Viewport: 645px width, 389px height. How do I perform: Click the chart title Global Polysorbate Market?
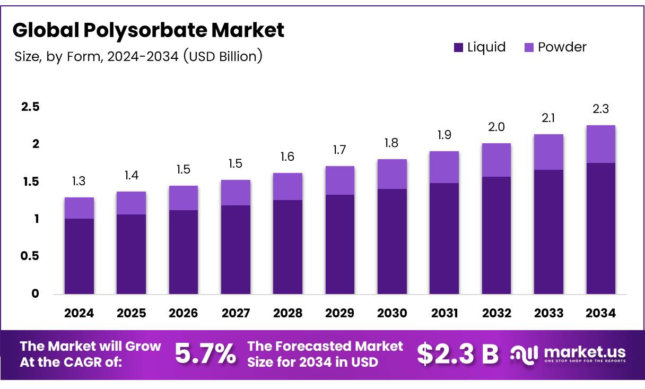click(x=148, y=30)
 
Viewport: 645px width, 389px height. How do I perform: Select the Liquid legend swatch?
click(x=459, y=47)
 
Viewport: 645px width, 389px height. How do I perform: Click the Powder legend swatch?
click(x=529, y=47)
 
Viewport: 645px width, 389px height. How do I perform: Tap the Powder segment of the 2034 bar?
click(x=600, y=144)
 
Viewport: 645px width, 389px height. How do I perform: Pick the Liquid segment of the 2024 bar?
click(x=79, y=256)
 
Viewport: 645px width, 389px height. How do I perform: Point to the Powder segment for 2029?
click(x=340, y=180)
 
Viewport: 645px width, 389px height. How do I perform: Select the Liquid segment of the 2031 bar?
click(x=444, y=238)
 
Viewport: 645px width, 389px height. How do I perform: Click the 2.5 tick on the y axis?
click(x=30, y=107)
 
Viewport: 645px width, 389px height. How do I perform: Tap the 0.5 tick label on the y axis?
click(x=30, y=256)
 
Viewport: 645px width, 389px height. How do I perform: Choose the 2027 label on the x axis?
click(x=236, y=313)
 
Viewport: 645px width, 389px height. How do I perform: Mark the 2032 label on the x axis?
click(x=496, y=313)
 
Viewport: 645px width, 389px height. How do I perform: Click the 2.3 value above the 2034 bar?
click(x=600, y=109)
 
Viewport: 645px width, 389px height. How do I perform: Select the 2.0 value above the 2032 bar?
click(x=496, y=127)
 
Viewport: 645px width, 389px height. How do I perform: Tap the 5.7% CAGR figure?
click(x=205, y=354)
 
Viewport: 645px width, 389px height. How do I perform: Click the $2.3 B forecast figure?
click(x=457, y=354)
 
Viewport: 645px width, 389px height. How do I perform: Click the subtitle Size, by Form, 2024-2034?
click(x=138, y=56)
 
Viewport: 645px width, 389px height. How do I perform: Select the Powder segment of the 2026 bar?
click(x=184, y=198)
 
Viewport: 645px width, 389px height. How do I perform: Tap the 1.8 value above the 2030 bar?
click(x=392, y=143)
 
